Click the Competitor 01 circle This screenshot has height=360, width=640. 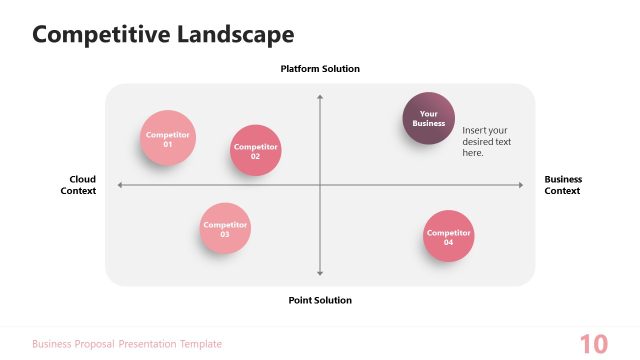(x=168, y=138)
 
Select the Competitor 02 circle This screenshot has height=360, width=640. (x=255, y=151)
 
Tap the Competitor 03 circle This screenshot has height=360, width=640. (x=225, y=229)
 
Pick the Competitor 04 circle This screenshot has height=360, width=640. (x=448, y=237)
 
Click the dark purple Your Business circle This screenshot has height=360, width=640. (x=428, y=118)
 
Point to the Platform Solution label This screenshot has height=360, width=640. (x=320, y=69)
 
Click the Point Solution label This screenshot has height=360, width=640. (x=320, y=300)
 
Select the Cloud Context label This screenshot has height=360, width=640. (x=78, y=185)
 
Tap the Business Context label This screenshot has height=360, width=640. (x=562, y=185)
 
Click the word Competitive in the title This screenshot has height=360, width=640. (x=101, y=35)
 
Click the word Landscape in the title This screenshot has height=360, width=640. (x=236, y=35)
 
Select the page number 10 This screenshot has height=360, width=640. (x=593, y=344)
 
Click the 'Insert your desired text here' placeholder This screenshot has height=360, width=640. (x=486, y=142)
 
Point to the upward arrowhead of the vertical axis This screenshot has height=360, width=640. (x=320, y=96)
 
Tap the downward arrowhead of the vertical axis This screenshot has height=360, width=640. (x=320, y=273)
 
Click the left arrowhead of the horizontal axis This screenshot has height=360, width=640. (x=120, y=185)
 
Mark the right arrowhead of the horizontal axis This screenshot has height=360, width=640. (x=521, y=185)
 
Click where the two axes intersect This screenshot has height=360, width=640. (x=320, y=185)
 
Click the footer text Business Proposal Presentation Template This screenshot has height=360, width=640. (x=127, y=344)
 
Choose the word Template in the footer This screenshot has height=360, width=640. (x=201, y=344)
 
